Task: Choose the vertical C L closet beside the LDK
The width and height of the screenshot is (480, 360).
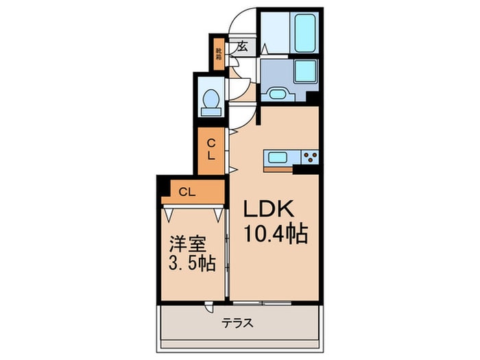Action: point(212,149)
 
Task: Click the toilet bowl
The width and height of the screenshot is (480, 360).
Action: point(211,101)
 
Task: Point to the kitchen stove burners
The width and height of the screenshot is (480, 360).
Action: point(309,157)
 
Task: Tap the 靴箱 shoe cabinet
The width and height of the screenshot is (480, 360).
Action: point(219,52)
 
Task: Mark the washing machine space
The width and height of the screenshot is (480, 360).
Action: point(304,71)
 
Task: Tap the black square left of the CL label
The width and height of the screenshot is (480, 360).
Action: point(164,186)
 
